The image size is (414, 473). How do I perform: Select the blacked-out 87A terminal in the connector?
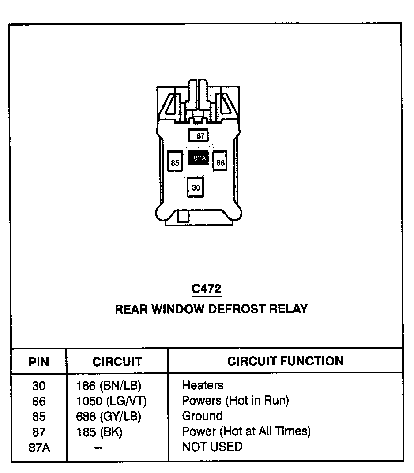pyautogui.click(x=198, y=158)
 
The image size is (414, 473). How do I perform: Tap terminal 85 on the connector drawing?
pyautogui.click(x=175, y=163)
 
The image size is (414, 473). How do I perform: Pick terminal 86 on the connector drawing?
pyautogui.click(x=220, y=162)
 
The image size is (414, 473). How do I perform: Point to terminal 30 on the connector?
pyautogui.click(x=196, y=187)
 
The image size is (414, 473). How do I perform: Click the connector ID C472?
pyautogui.click(x=206, y=289)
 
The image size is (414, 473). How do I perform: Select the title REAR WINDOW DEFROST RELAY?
pyautogui.click(x=211, y=309)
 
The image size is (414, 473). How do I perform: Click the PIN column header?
pyautogui.click(x=39, y=362)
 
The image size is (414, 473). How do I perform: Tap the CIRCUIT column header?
pyautogui.click(x=117, y=362)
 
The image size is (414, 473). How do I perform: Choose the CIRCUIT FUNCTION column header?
pyautogui.click(x=285, y=361)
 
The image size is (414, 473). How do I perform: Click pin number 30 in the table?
pyautogui.click(x=39, y=386)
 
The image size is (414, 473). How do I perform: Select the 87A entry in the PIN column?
pyautogui.click(x=39, y=447)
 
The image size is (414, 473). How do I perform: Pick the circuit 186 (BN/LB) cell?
pyautogui.click(x=109, y=386)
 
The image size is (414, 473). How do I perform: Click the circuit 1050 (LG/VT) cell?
pyautogui.click(x=111, y=401)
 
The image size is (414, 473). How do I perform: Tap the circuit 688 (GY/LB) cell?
pyautogui.click(x=109, y=416)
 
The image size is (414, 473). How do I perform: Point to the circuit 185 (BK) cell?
pyautogui.click(x=99, y=432)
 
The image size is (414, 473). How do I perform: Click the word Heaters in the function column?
pyautogui.click(x=203, y=385)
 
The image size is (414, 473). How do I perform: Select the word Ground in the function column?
pyautogui.click(x=202, y=416)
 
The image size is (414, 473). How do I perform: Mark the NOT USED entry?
pyautogui.click(x=212, y=447)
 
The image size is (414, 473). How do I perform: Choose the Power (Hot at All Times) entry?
pyautogui.click(x=246, y=431)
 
